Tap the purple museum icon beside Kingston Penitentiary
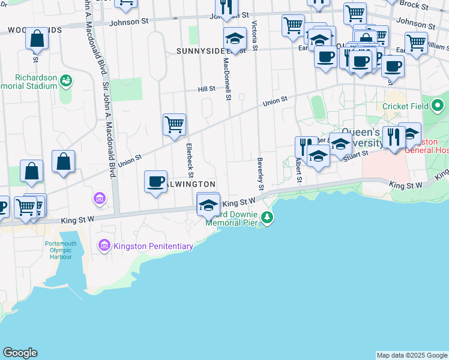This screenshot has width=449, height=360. point(104,245)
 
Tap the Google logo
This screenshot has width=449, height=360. point(20,353)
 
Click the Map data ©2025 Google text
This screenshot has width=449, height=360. point(411,355)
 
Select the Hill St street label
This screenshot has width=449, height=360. point(207,89)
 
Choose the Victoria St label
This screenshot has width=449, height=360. point(255,36)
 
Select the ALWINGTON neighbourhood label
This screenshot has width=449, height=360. point(191,184)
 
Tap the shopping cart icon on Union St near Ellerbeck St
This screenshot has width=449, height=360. point(174,124)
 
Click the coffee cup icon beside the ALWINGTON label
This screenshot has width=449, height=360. point(156,181)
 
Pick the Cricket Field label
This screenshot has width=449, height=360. point(406,106)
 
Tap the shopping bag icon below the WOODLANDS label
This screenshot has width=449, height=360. point(37,39)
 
